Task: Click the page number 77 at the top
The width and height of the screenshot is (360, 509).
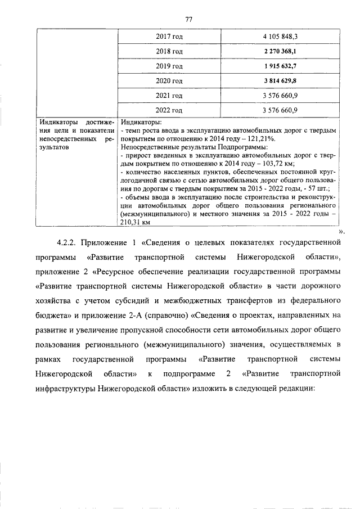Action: pos(188,19)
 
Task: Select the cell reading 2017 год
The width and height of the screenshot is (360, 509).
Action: pos(169,37)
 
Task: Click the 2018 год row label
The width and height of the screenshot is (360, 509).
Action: pos(169,51)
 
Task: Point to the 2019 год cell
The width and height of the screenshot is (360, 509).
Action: pos(169,66)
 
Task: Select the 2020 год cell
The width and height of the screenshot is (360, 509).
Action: pos(169,81)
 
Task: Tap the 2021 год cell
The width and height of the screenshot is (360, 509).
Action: pos(169,96)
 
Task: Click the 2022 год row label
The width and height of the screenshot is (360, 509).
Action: pos(169,110)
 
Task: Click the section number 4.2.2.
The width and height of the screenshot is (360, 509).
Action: pos(67,243)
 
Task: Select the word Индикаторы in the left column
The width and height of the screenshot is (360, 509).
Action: pos(56,121)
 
